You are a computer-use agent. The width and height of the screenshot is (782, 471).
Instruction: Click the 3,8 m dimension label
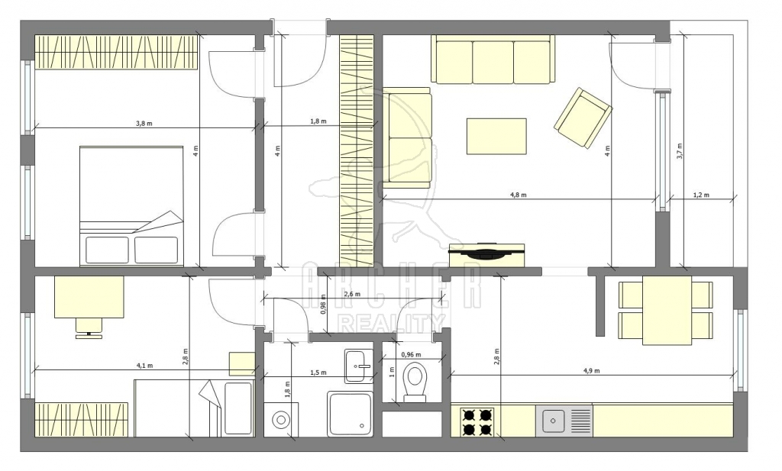point(144,123)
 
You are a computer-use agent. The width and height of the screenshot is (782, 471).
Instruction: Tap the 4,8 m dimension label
point(519,195)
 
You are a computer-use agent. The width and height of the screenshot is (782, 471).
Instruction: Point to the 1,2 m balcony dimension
point(701,195)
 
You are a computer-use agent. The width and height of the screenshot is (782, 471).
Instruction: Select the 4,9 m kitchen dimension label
point(592,371)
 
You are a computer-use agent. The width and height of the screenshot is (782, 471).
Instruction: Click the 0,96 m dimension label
point(411,355)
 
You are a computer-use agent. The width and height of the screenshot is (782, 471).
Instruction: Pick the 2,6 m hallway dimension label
point(352,294)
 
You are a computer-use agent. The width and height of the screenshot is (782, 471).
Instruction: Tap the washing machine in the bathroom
point(282,419)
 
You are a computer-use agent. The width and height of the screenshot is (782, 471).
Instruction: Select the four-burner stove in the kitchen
point(477,422)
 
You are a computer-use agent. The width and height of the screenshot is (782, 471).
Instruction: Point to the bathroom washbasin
point(358,366)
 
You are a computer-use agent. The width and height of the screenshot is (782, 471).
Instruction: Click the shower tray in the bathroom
point(350,414)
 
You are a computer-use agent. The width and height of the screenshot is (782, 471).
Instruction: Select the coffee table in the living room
point(496,136)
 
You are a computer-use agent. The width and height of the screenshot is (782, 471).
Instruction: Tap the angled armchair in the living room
point(583,118)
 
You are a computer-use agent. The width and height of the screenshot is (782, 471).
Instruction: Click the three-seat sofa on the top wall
point(493,59)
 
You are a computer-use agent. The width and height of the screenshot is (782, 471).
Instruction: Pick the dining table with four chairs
point(666,310)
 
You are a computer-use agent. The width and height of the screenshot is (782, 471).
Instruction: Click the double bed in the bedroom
point(131,205)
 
